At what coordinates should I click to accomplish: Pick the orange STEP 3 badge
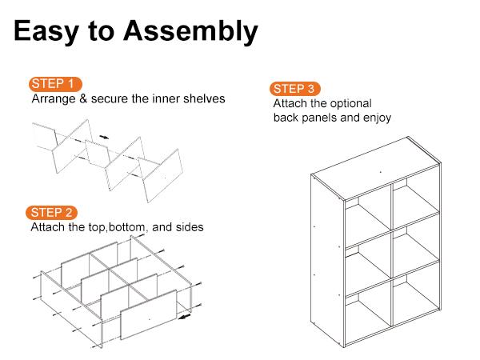pos(297,88)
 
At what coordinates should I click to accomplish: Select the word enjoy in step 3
pos(374,118)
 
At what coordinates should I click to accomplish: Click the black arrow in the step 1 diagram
pos(105,138)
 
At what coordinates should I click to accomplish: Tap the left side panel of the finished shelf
pos(323,256)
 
